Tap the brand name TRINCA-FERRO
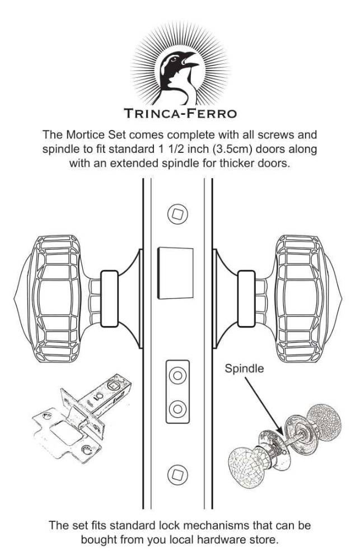(x=180, y=113)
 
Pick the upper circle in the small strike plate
(x=177, y=376)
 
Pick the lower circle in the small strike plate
(x=177, y=408)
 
